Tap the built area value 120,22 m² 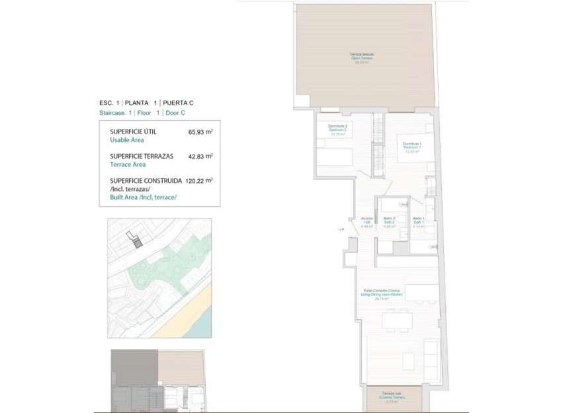198,180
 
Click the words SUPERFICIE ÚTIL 133,132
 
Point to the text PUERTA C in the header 177,103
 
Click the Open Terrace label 362,58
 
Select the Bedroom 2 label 337,130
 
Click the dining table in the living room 397,320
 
